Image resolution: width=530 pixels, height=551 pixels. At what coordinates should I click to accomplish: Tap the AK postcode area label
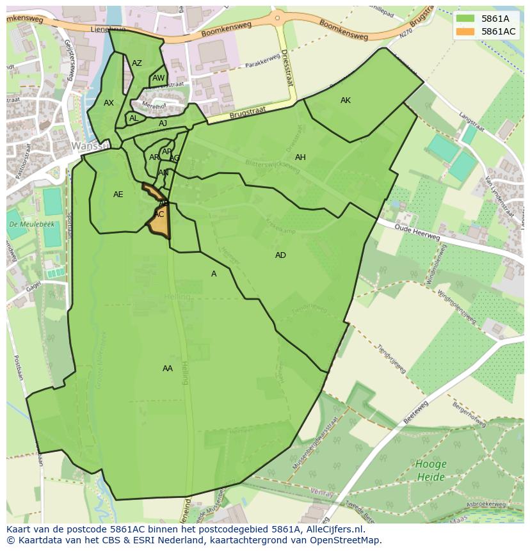pyautogui.click(x=346, y=100)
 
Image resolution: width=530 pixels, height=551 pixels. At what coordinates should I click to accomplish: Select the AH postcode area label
pyautogui.click(x=300, y=157)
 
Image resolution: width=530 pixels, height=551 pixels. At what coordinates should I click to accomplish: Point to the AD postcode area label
pyautogui.click(x=280, y=255)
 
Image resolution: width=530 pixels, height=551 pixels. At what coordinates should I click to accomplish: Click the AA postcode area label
pyautogui.click(x=168, y=369)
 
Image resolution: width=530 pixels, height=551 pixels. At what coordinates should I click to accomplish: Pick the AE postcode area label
pyautogui.click(x=118, y=195)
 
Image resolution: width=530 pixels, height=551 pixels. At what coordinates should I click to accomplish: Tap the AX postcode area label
pyautogui.click(x=109, y=103)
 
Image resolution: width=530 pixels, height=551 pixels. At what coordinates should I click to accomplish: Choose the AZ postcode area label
pyautogui.click(x=137, y=63)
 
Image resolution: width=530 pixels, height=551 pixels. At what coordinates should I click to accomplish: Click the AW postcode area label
pyautogui.click(x=158, y=79)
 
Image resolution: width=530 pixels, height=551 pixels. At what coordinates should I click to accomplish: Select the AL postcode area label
pyautogui.click(x=134, y=118)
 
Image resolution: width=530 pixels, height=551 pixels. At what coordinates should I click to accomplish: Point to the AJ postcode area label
pyautogui.click(x=163, y=124)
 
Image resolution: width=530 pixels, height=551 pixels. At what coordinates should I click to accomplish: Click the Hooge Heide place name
pyautogui.click(x=431, y=470)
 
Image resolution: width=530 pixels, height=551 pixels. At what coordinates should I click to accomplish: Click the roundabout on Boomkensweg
pyautogui.click(x=278, y=17)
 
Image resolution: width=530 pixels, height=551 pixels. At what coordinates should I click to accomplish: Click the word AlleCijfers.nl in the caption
pyautogui.click(x=334, y=529)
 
